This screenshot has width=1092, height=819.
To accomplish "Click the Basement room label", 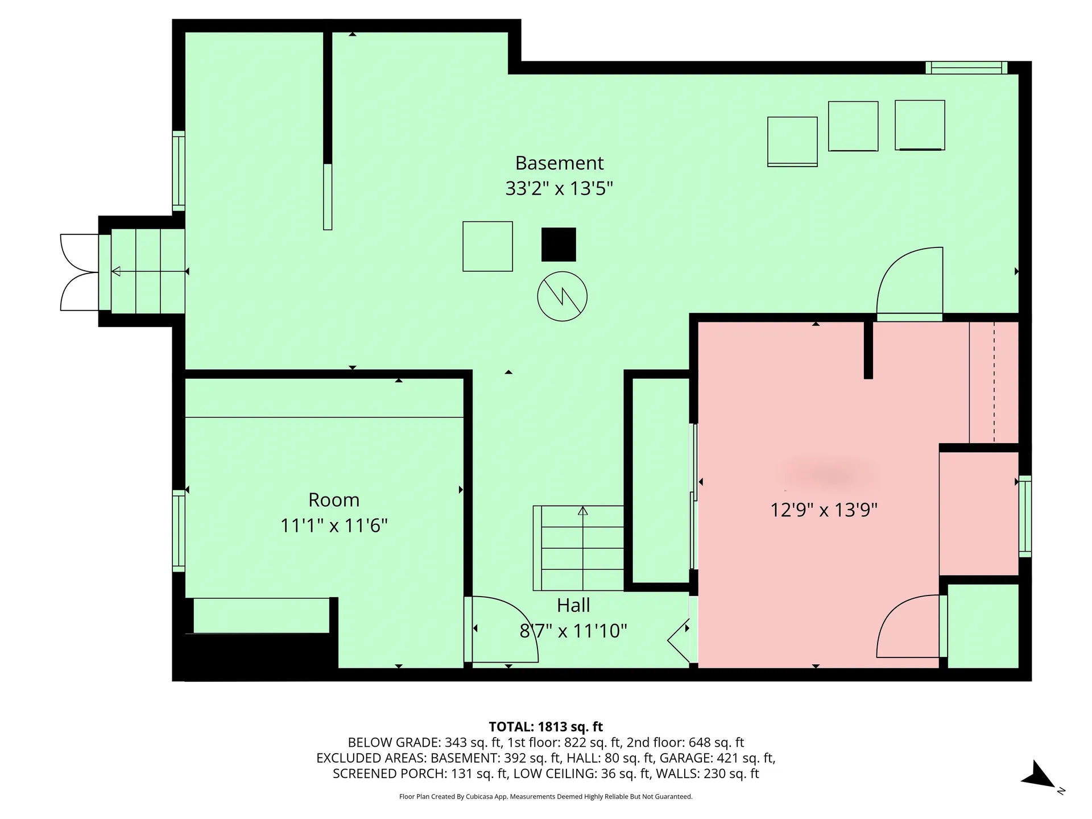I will point(559,163).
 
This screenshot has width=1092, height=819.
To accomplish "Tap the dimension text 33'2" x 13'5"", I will point(559,188).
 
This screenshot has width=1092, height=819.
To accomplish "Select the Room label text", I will point(334,500).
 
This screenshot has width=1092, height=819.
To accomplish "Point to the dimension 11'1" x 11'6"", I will point(334,525).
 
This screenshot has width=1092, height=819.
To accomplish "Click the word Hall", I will point(573,606).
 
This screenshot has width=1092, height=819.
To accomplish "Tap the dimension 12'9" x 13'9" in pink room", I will point(824,510).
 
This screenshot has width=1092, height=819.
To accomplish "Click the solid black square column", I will point(559,245).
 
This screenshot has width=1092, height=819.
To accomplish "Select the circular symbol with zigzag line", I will point(562,296).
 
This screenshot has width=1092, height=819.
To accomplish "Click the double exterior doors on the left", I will point(80,272).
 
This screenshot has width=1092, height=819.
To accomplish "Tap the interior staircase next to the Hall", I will point(579,548).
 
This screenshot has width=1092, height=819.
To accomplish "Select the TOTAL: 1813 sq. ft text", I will point(545,727).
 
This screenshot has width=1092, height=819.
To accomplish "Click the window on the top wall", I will point(966,68).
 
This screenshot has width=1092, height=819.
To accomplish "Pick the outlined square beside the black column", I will point(487,246).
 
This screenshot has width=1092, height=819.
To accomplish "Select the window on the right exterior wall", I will point(1024,516).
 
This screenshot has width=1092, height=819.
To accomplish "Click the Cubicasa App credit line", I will point(545,797).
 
